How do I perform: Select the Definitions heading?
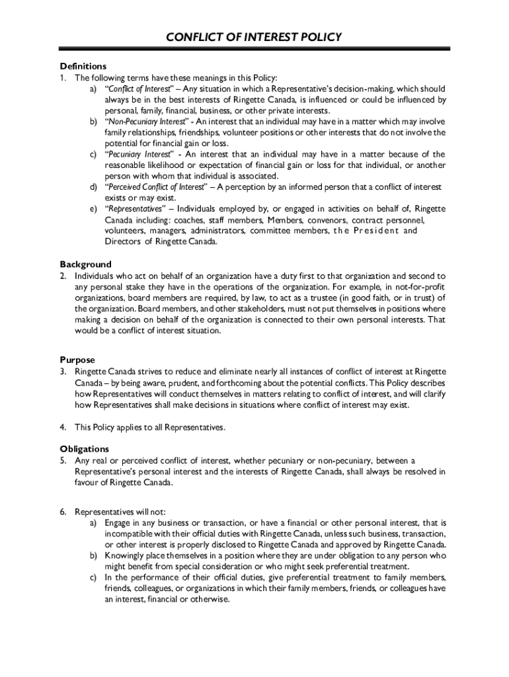point(83,66)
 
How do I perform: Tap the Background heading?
point(86,264)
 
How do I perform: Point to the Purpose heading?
point(77,360)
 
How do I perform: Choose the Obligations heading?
point(85,449)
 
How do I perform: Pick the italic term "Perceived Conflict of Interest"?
point(156,187)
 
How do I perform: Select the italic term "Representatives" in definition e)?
point(135,209)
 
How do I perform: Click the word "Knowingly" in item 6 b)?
point(127,556)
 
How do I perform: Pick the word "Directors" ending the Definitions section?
point(124,242)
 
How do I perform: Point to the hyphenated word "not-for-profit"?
point(420,286)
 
